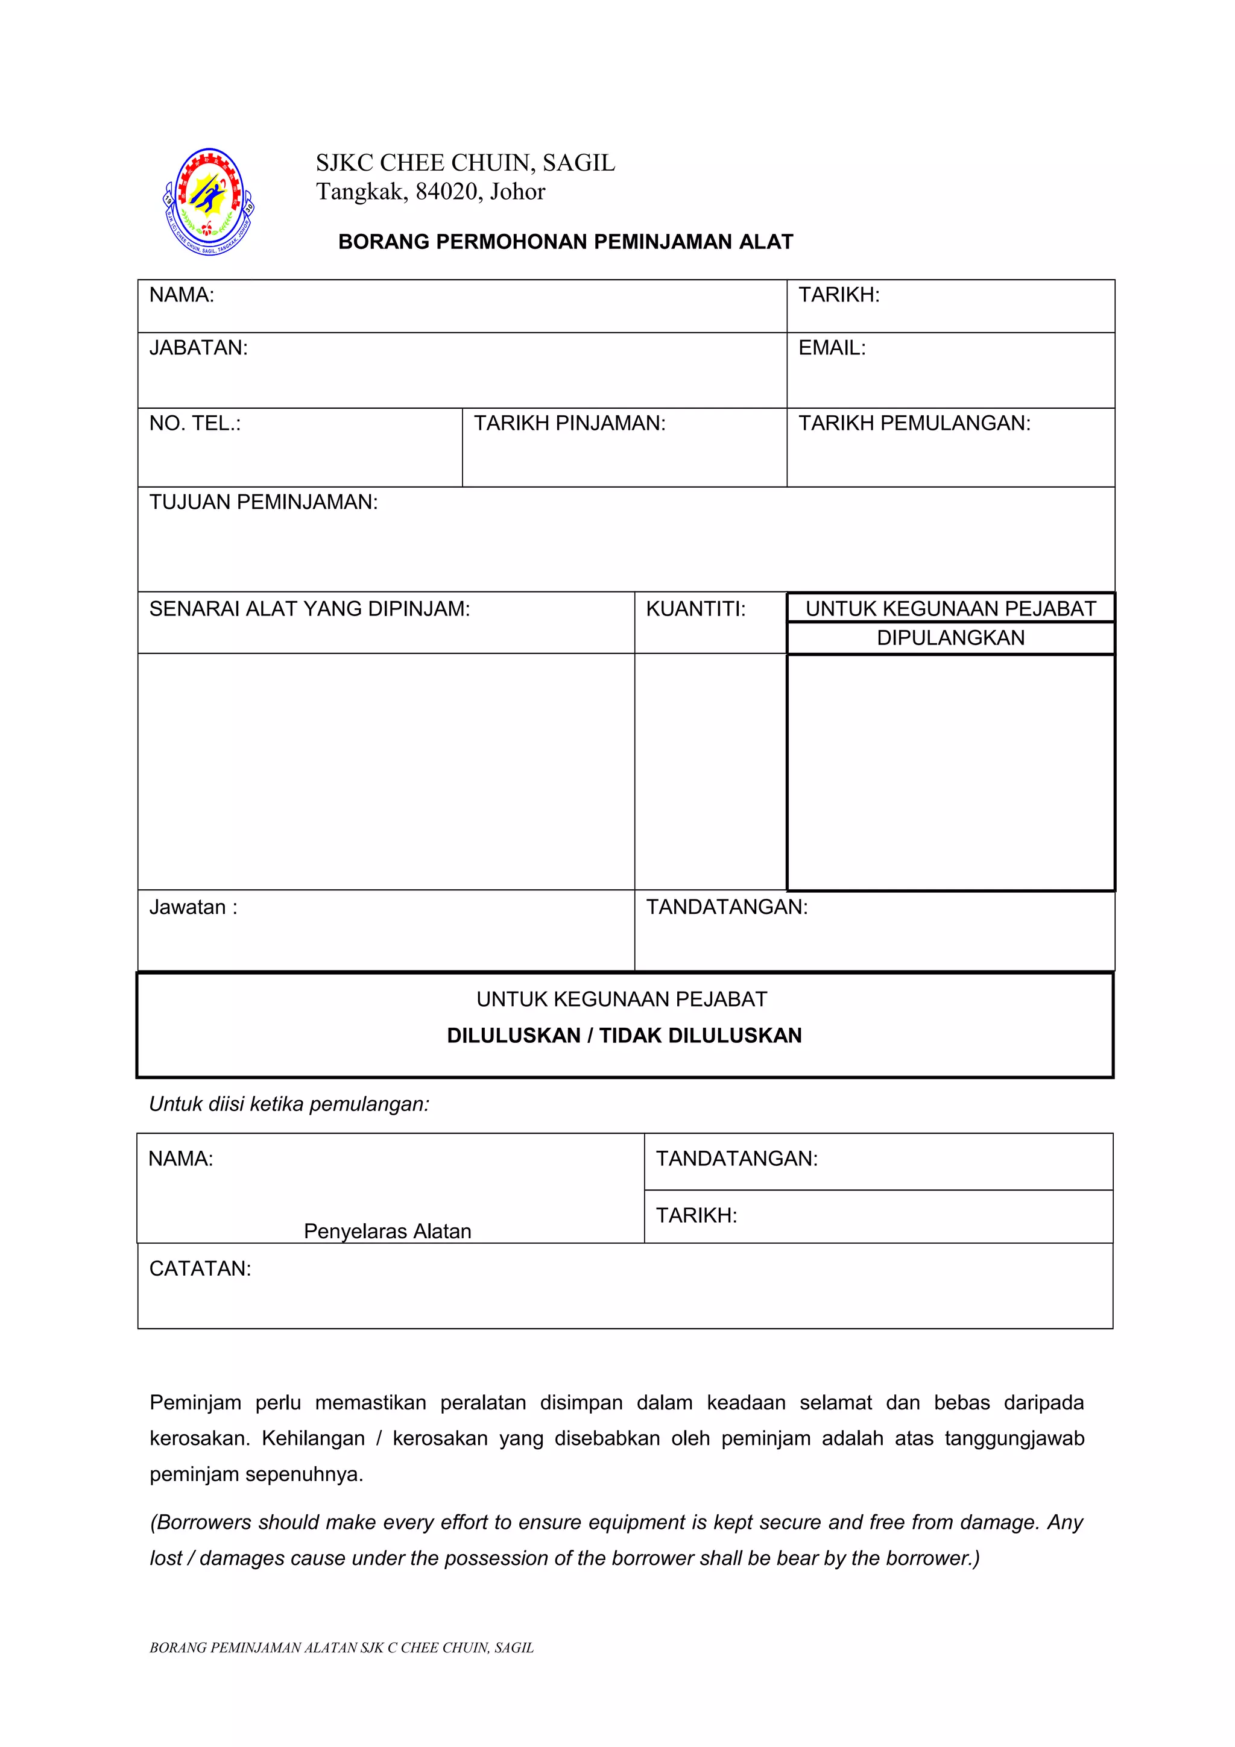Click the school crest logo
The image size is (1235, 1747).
[x=209, y=201]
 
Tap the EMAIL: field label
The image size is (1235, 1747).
[x=832, y=348]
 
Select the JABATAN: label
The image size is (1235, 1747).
[x=198, y=348]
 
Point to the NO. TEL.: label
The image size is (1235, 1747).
[x=195, y=423]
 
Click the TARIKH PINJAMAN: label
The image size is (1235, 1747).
[x=569, y=423]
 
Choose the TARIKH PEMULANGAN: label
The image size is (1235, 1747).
[x=914, y=423]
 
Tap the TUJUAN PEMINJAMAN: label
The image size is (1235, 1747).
[x=264, y=502]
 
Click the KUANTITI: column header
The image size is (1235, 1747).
[x=695, y=609]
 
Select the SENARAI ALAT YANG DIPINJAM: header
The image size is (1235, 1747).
[x=310, y=609]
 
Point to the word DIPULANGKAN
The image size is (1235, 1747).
[x=950, y=638]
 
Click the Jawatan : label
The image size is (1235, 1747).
[x=194, y=907]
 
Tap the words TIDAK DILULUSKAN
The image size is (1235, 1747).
[x=700, y=1036]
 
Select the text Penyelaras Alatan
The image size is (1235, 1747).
[x=387, y=1231]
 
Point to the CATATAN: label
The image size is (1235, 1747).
[x=200, y=1268]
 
